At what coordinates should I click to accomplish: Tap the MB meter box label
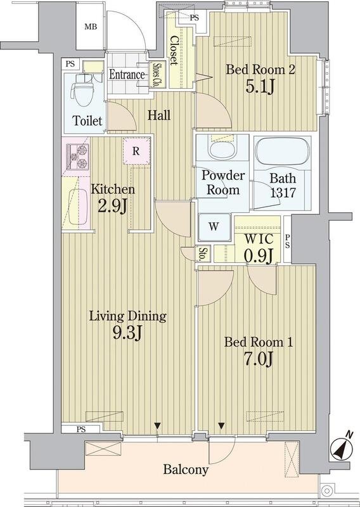click(91, 27)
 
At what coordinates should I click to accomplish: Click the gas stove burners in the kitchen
click(77, 156)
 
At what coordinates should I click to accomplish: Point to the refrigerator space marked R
click(136, 151)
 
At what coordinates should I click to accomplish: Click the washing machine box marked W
click(214, 227)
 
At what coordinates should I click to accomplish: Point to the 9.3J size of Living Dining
click(127, 333)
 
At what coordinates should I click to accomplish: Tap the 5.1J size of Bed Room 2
click(260, 86)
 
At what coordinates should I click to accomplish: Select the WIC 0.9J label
click(259, 248)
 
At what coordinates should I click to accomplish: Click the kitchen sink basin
click(77, 207)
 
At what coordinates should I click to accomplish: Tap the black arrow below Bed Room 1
click(221, 426)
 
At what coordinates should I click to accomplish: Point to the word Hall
click(159, 115)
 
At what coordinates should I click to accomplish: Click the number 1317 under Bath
click(283, 193)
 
